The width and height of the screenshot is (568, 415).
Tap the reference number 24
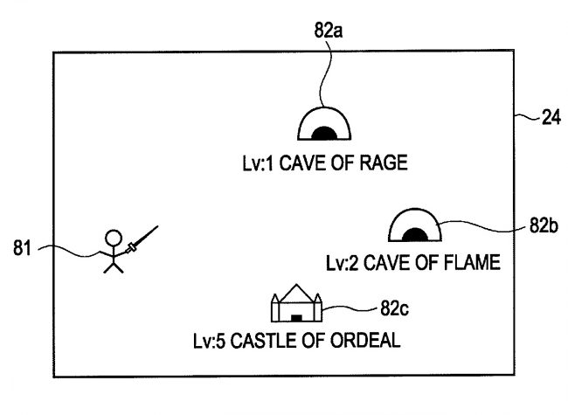551,119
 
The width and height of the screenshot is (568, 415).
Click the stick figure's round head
113,237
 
